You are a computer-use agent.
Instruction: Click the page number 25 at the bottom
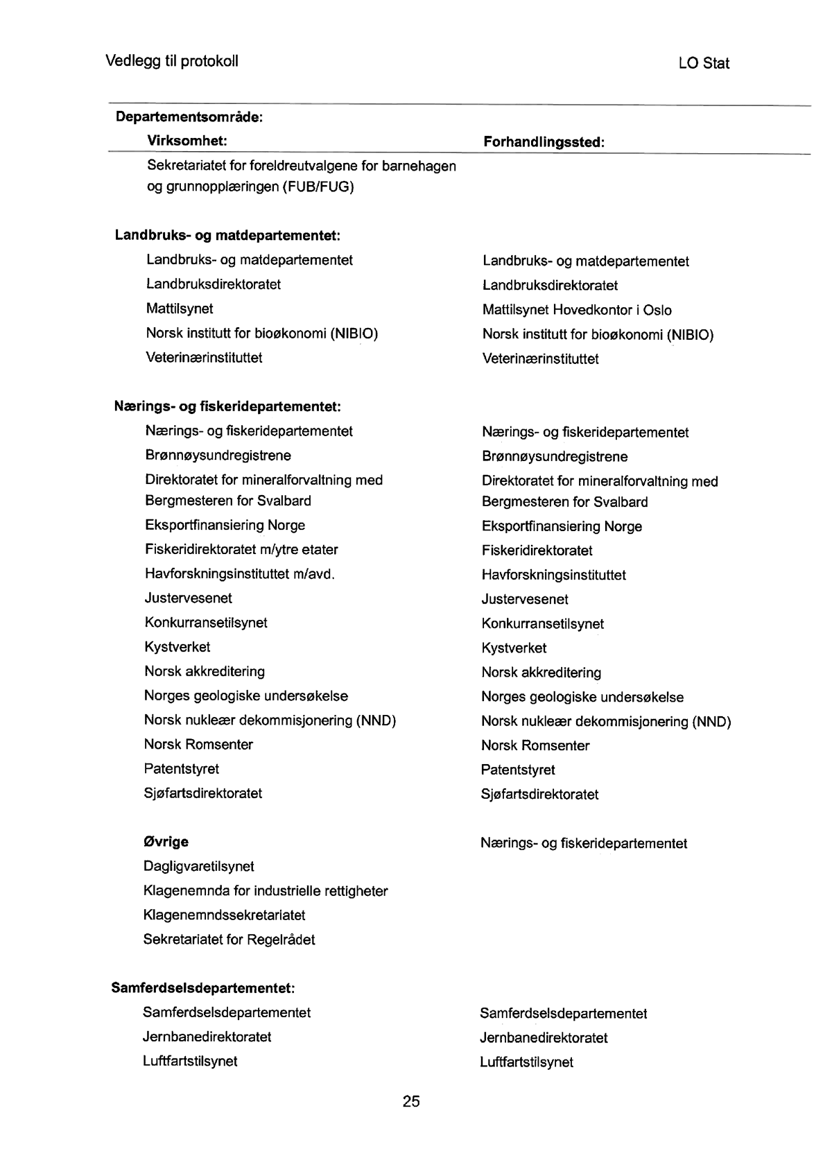411,1101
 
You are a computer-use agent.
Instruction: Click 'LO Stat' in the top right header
704,63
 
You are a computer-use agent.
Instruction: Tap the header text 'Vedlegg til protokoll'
172,61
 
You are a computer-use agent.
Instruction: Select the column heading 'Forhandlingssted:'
544,142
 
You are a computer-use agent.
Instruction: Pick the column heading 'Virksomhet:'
187,141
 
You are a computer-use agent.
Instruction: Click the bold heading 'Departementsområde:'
189,116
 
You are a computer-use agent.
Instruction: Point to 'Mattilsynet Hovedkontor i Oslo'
577,310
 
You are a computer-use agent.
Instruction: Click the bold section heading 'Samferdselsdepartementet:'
203,987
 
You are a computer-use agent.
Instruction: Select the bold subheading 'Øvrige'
166,842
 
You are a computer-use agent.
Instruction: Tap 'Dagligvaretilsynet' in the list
199,866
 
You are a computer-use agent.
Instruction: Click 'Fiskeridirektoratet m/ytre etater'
241,549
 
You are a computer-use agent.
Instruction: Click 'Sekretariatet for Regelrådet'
229,940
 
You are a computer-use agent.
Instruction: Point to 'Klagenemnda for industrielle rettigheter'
266,890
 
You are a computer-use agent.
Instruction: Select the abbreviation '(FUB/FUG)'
318,187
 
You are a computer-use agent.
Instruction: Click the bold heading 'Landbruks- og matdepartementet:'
227,235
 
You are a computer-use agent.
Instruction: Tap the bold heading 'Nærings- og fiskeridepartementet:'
227,406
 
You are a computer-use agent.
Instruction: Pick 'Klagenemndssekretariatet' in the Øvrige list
224,915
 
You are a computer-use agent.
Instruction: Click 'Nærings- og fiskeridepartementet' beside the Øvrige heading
584,843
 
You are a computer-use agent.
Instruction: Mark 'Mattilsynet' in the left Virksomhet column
180,309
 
